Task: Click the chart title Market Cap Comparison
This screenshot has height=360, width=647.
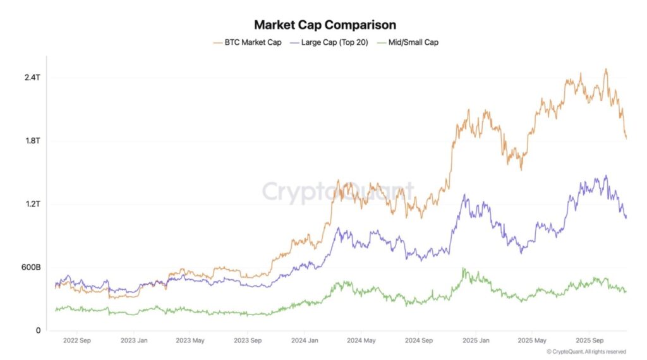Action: [x=325, y=25]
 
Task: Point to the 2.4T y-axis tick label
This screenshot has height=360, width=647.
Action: [x=33, y=78]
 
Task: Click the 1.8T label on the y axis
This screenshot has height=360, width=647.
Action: [x=33, y=141]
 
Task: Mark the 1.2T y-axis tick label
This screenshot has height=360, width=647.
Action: [x=33, y=204]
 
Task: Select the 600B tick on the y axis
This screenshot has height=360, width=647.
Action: [x=30, y=267]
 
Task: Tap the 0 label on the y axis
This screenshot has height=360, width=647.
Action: [x=38, y=330]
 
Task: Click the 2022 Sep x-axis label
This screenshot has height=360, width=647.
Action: [x=78, y=341]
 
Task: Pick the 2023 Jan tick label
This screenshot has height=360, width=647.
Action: [x=135, y=341]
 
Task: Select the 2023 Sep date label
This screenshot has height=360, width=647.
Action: [x=248, y=341]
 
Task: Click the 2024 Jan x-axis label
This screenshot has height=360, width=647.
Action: [x=305, y=341]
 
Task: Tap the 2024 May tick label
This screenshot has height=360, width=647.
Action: [x=362, y=341]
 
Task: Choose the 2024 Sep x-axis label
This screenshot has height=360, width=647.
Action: [x=418, y=341]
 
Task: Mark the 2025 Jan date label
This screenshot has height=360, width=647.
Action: [x=475, y=341]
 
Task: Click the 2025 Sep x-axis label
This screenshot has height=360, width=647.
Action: [x=588, y=341]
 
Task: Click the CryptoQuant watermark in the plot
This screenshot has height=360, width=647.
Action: [x=338, y=191]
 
